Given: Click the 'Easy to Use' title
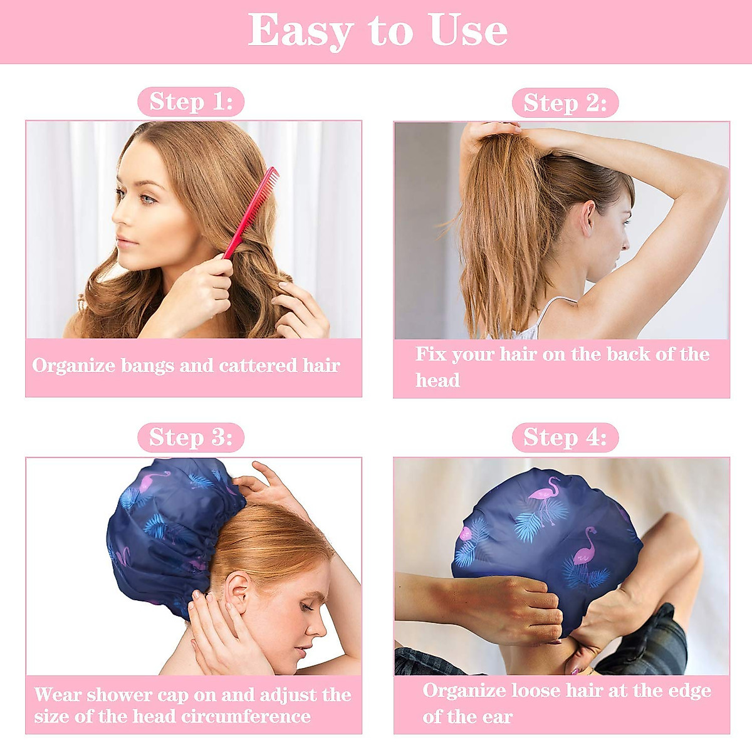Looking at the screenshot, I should tap(377, 31).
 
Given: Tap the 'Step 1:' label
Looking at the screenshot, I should tap(191, 102).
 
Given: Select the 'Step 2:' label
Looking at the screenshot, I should tap(565, 103).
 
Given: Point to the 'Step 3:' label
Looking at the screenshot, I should tap(191, 437).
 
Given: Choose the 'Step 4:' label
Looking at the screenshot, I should tap(565, 437).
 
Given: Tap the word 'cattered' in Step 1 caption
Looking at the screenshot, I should tap(258, 366).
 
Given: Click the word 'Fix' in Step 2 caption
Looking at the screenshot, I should tap(430, 355).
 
